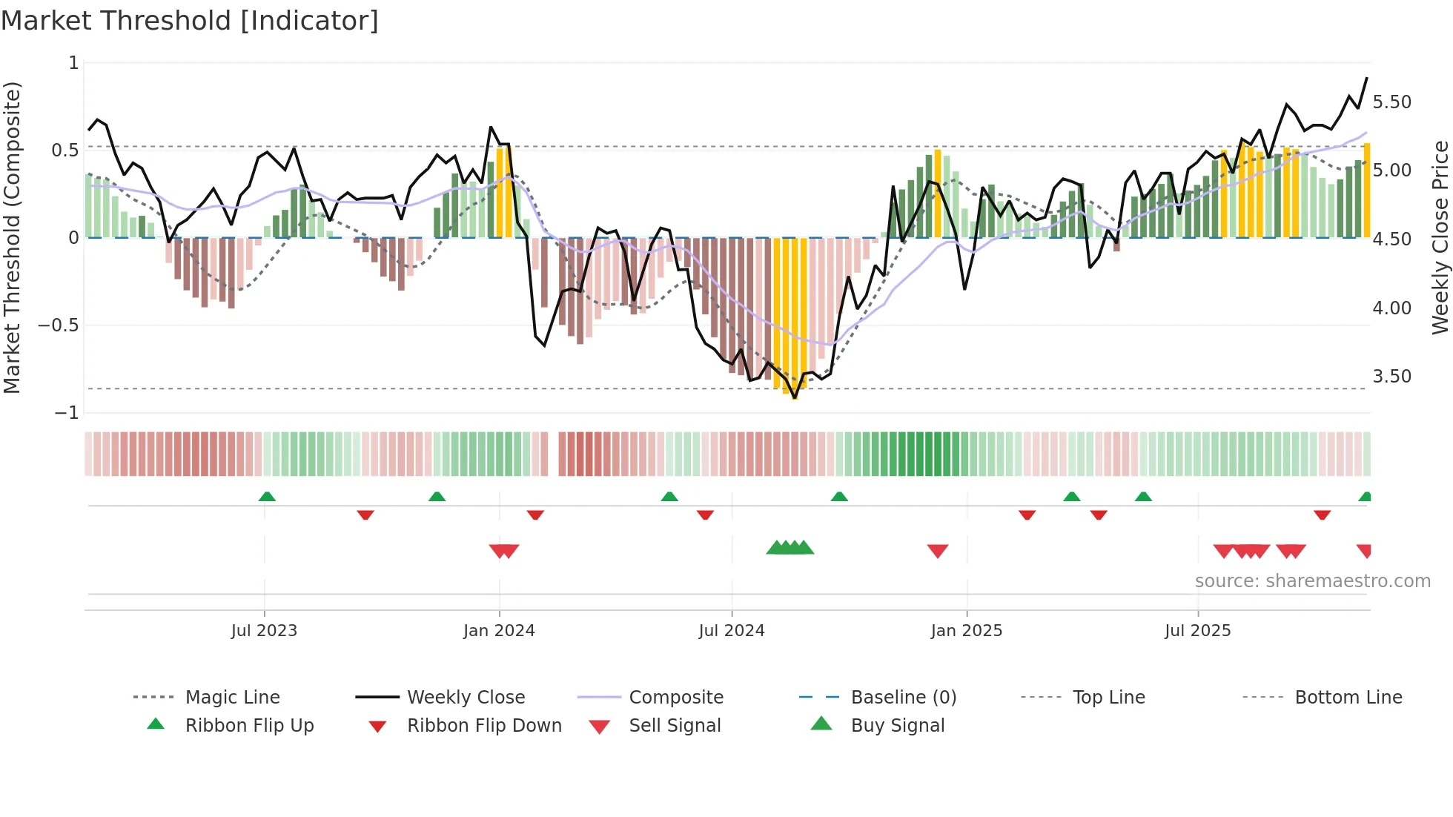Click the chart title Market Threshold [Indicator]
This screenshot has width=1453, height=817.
(x=190, y=21)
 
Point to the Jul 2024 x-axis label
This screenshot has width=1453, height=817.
(x=731, y=630)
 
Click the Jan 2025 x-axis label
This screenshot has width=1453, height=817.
(x=966, y=630)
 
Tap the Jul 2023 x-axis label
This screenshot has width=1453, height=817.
(x=264, y=630)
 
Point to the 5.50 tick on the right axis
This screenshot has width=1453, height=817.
(x=1391, y=102)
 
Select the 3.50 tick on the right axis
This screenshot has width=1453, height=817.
(x=1391, y=377)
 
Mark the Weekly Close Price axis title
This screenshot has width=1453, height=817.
(x=1440, y=237)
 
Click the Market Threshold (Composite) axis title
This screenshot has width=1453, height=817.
(x=12, y=237)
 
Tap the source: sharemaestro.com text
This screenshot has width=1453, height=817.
(x=1312, y=581)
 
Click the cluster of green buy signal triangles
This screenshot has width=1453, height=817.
(x=790, y=548)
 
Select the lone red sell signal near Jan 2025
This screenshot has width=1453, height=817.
(x=938, y=551)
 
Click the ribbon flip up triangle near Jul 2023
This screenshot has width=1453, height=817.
(x=267, y=497)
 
